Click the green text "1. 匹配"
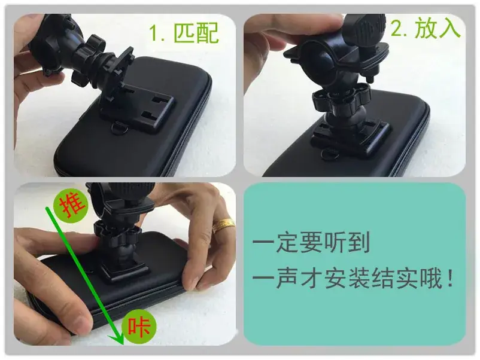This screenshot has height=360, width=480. click(x=184, y=33)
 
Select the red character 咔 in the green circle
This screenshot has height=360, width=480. click(x=139, y=327)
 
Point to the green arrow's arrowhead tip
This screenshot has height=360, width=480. click(x=122, y=344)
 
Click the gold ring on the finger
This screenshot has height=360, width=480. click(x=223, y=225)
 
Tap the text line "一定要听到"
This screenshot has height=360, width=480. click(x=311, y=242)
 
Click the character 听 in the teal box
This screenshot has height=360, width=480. click(x=335, y=242)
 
